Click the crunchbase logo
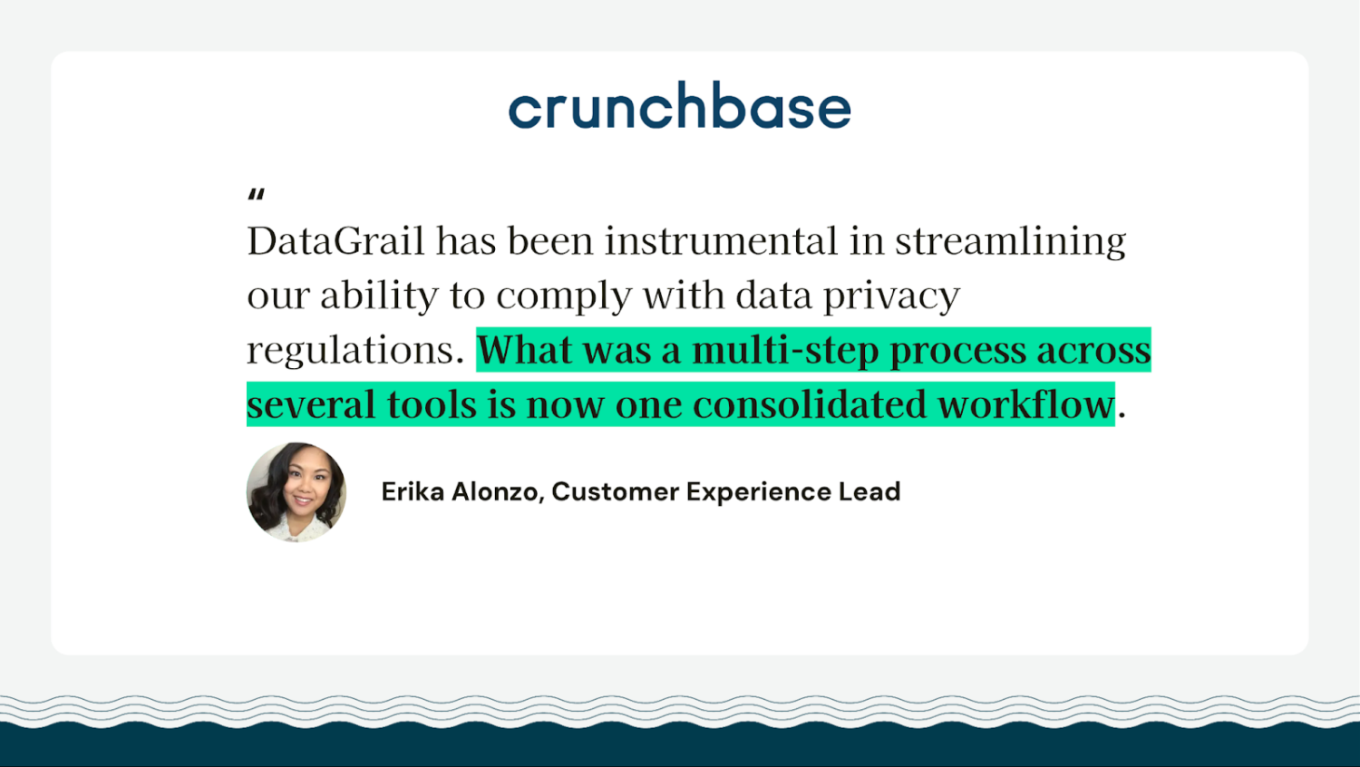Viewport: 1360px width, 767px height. (x=679, y=106)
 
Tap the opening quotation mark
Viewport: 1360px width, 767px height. (x=257, y=194)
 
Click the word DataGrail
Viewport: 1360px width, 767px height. (x=335, y=241)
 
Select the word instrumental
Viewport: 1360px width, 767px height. (x=721, y=241)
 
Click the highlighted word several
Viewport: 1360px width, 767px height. (x=311, y=405)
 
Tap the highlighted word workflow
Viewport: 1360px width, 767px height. (x=1025, y=405)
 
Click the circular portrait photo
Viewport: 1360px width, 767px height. (x=296, y=491)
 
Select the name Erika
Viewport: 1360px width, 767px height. (x=413, y=491)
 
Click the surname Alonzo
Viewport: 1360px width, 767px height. (x=497, y=491)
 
